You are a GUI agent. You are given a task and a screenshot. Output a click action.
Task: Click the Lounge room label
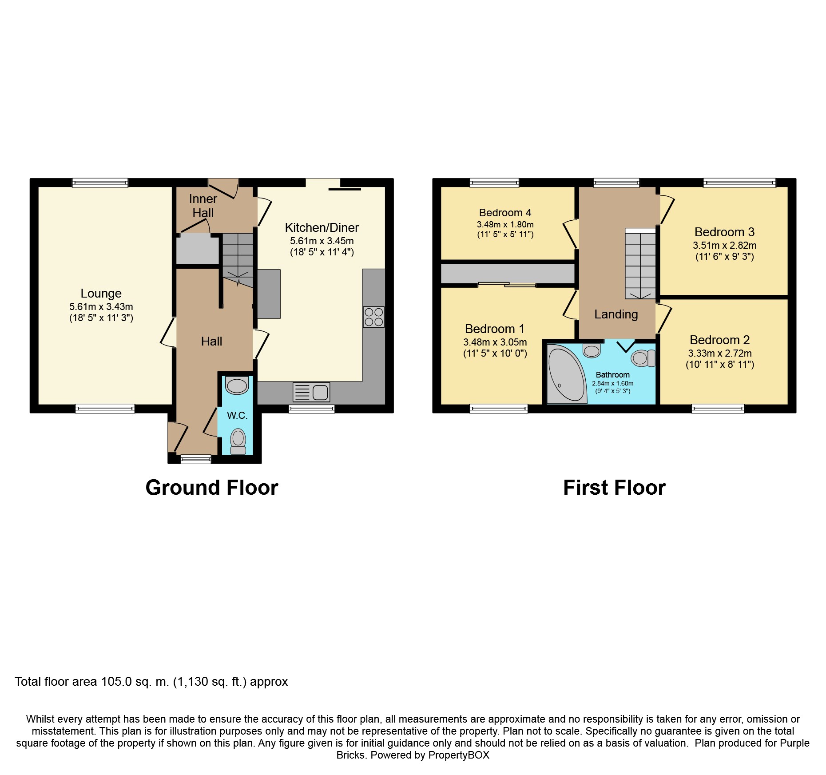click(101, 293)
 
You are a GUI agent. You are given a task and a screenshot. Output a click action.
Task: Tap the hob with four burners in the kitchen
click(373, 317)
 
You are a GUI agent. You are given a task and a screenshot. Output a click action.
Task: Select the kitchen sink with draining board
click(311, 392)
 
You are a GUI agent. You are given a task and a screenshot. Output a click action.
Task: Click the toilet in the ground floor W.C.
click(238, 441)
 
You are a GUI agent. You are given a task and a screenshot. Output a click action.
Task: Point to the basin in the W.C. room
click(237, 385)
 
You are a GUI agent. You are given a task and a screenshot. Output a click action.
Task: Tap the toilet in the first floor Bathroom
click(643, 358)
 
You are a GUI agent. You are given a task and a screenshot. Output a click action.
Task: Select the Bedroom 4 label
click(505, 213)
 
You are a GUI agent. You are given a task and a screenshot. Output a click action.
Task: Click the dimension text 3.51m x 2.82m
click(724, 245)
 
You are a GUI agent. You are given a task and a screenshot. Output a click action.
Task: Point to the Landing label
click(616, 314)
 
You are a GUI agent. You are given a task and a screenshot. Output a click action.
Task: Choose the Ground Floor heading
click(212, 488)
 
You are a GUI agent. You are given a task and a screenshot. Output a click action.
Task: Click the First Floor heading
click(614, 488)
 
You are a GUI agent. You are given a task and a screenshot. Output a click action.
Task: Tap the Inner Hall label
click(203, 206)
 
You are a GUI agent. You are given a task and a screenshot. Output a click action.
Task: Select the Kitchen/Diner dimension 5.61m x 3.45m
click(322, 241)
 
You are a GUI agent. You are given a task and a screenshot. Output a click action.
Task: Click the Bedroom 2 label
click(719, 340)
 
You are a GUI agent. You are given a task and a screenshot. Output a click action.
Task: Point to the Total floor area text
click(151, 682)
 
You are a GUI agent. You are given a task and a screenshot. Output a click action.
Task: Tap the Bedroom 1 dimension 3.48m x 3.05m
click(495, 342)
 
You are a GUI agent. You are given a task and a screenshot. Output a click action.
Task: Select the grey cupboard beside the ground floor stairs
click(198, 249)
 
